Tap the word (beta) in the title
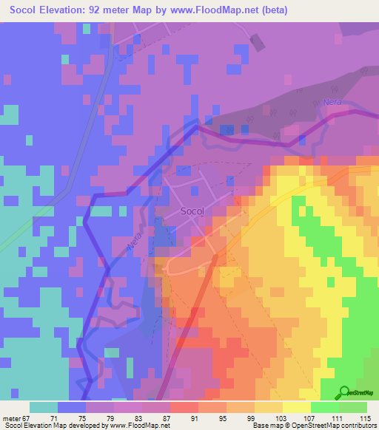[271, 10]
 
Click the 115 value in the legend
[366, 418]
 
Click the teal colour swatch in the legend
[44, 406]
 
